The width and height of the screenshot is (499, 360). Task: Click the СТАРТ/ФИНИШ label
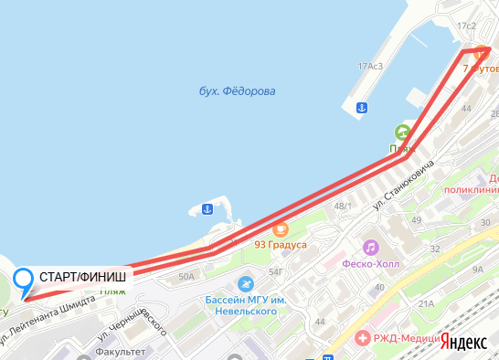tap(83, 276)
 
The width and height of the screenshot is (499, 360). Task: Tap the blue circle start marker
tap(25, 279)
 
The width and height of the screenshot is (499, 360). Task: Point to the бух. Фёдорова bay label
tap(237, 91)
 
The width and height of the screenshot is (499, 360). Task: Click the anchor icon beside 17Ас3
tap(361, 108)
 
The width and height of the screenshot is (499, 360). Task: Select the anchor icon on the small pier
tap(207, 209)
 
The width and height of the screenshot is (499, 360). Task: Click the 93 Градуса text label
tap(280, 244)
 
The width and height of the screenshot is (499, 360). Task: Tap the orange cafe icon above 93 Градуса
tap(280, 228)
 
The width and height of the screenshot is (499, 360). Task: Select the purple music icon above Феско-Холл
tap(370, 247)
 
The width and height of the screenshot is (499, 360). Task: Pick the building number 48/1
tap(343, 206)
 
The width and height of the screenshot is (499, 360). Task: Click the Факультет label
tap(121, 351)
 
